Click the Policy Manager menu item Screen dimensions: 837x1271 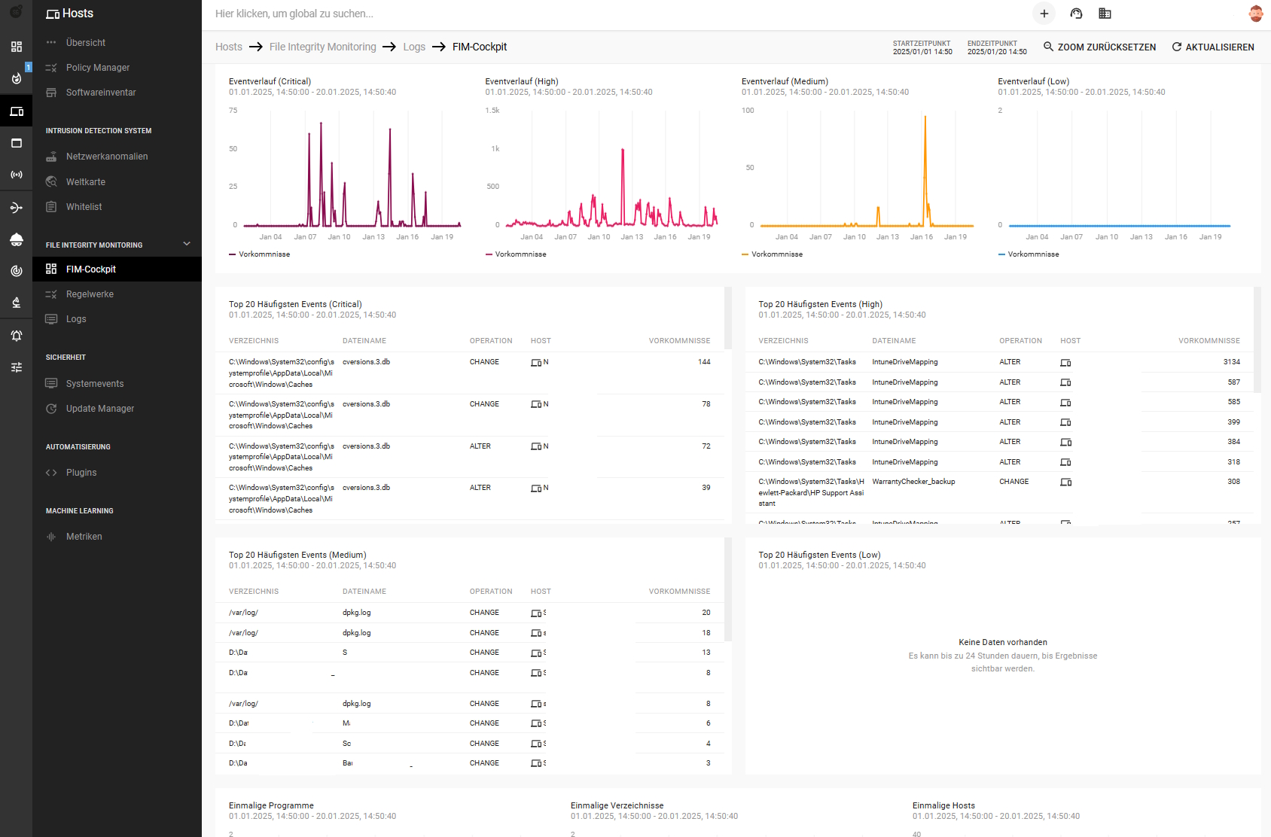coord(97,68)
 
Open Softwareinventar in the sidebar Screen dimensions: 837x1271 coord(100,93)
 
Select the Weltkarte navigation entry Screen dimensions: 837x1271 coord(85,182)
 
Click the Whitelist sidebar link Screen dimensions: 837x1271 coord(84,207)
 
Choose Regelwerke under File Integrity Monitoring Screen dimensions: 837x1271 coord(90,294)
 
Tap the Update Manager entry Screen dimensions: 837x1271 coord(99,409)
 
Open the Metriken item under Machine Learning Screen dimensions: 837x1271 coord(84,537)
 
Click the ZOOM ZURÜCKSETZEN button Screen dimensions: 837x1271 coord(1099,47)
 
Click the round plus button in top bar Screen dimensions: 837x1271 coord(1044,14)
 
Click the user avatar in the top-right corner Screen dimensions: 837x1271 coord(1255,14)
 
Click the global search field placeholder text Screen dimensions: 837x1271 coord(294,14)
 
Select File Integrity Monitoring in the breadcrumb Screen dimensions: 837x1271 coord(322,47)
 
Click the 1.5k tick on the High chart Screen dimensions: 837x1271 coord(492,111)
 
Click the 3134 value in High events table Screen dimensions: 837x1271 coord(1231,362)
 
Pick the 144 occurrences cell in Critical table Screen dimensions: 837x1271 coord(703,362)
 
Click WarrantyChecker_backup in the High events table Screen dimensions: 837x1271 coord(913,482)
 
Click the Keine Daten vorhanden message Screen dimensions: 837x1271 coord(1002,642)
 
